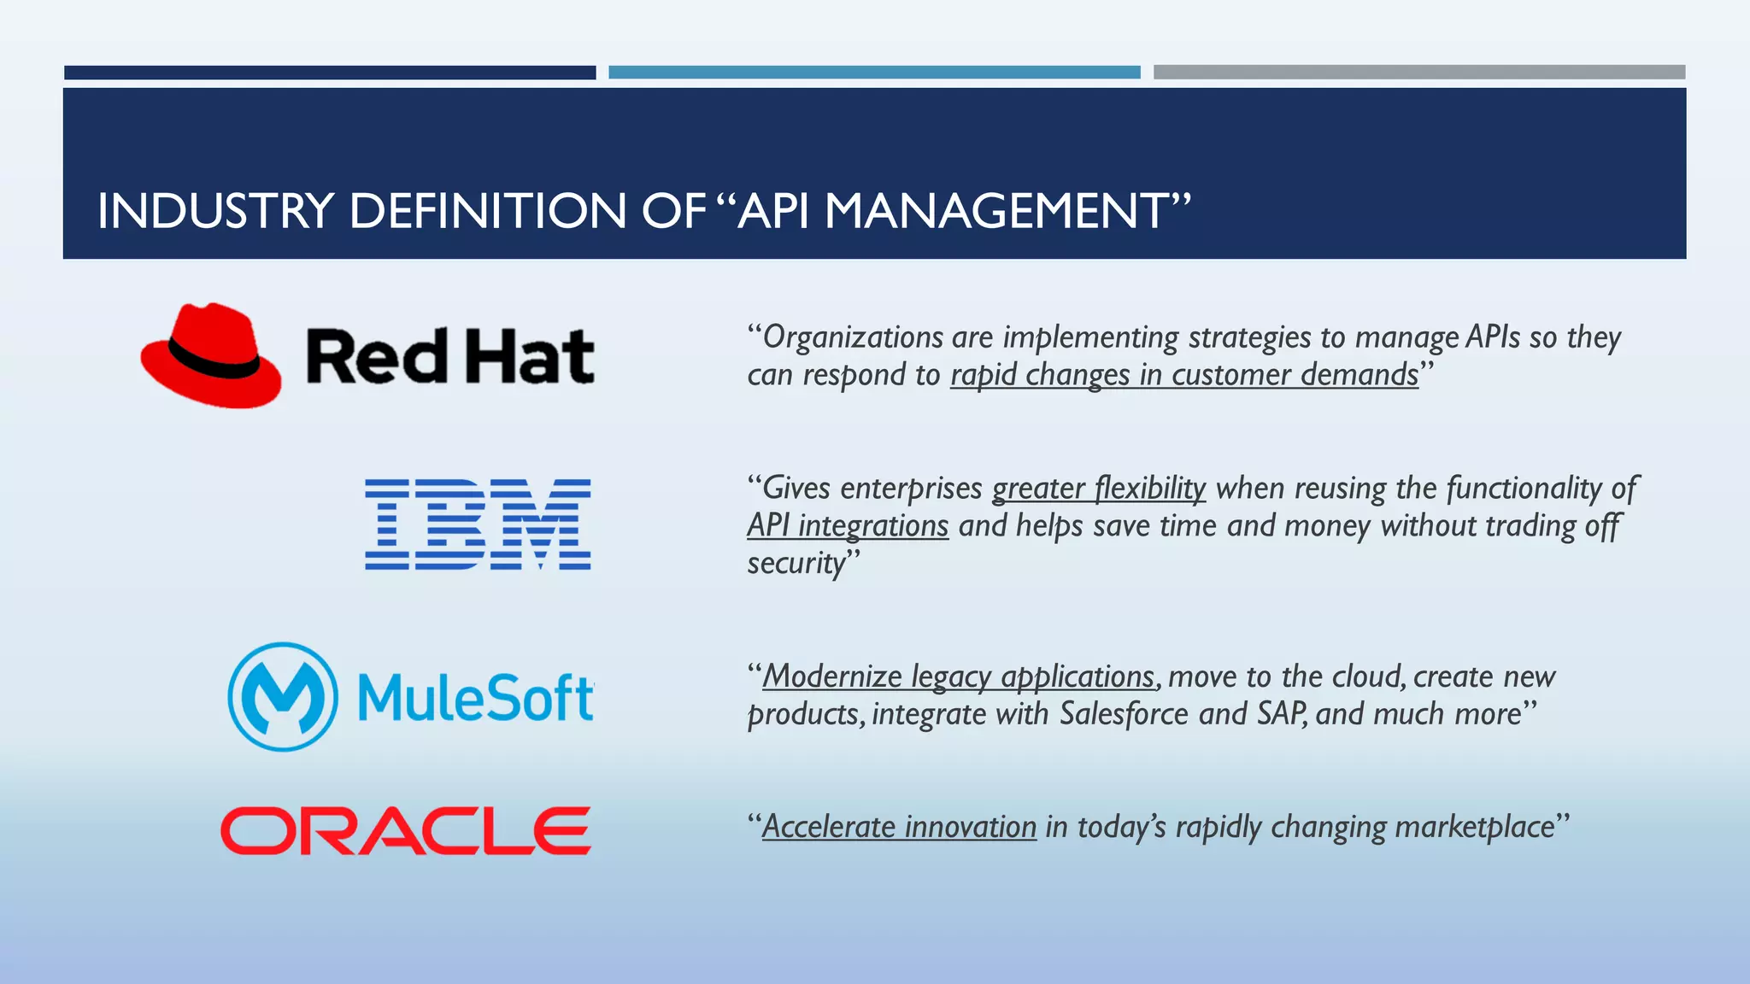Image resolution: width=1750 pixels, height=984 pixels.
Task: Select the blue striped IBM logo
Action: [x=478, y=524]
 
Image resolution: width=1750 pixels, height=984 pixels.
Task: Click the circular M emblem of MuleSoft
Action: [x=283, y=696]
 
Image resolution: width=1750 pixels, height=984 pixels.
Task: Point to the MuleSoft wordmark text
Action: [x=475, y=698]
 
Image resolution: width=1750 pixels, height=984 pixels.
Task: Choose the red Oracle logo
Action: [x=405, y=830]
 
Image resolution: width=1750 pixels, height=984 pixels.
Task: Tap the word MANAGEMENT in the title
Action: [x=996, y=211]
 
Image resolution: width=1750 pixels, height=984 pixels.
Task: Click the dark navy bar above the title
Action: [x=330, y=73]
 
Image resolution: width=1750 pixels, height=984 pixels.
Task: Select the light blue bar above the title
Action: [x=874, y=73]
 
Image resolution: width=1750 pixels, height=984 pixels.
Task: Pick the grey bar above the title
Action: [x=1418, y=73]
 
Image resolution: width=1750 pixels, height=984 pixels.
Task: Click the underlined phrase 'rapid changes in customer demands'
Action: [x=1184, y=375]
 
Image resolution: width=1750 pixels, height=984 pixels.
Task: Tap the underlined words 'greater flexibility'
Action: [x=1098, y=488]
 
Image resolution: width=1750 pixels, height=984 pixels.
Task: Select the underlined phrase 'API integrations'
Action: [x=848, y=525]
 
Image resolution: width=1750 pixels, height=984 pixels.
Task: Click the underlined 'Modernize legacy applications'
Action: [x=958, y=676]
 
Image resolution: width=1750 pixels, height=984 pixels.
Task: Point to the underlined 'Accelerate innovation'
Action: [x=899, y=827]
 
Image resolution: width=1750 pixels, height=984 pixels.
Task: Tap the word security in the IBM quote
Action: [x=796, y=564]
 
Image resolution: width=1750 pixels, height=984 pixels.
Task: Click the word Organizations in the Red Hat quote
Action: [x=853, y=337]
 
